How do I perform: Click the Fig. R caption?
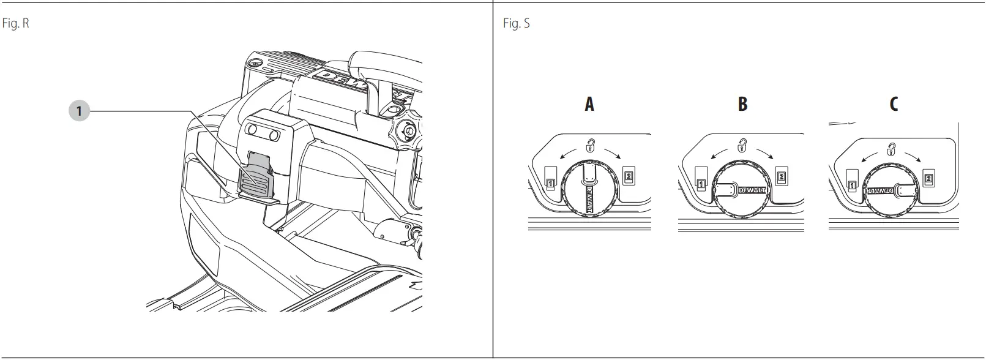click(16, 24)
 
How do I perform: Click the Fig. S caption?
click(516, 24)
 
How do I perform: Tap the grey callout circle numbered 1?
click(79, 111)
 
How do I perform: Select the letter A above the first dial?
click(589, 105)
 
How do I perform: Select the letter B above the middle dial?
click(742, 105)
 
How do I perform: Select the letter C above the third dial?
click(894, 105)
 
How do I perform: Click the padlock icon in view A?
click(591, 146)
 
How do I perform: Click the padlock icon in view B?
click(742, 146)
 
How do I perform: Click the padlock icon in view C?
click(892, 148)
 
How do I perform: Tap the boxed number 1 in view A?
click(550, 182)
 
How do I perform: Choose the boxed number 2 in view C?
click(928, 179)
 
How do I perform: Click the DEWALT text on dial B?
click(752, 190)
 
